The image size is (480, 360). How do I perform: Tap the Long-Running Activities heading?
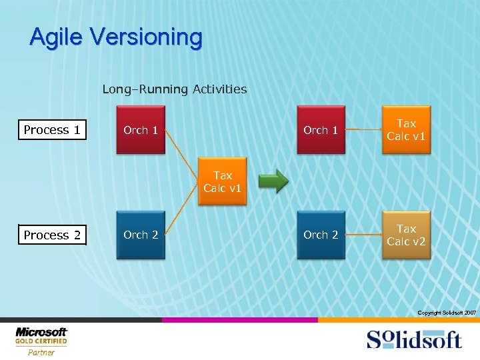[x=174, y=89]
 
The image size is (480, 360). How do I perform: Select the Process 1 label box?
[x=52, y=130]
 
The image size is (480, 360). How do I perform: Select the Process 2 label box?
[x=52, y=235]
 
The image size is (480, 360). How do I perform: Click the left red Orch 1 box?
[x=141, y=130]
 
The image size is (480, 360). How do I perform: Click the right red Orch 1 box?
[x=321, y=130]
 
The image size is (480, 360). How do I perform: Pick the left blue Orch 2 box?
[x=141, y=235]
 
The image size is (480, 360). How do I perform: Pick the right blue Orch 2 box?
[x=321, y=235]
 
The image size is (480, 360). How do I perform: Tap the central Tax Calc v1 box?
[x=223, y=181]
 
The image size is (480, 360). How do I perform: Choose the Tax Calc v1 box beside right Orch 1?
[x=406, y=130]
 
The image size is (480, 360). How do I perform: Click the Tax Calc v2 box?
[x=406, y=235]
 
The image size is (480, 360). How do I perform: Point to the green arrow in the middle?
[x=273, y=181]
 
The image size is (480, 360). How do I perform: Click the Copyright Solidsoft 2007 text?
[x=446, y=313]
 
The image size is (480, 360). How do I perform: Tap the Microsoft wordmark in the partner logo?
[x=41, y=331]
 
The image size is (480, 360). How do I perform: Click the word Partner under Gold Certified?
[x=41, y=352]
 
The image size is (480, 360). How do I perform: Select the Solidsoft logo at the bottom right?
[x=413, y=339]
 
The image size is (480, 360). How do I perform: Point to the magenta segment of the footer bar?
[x=240, y=320]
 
